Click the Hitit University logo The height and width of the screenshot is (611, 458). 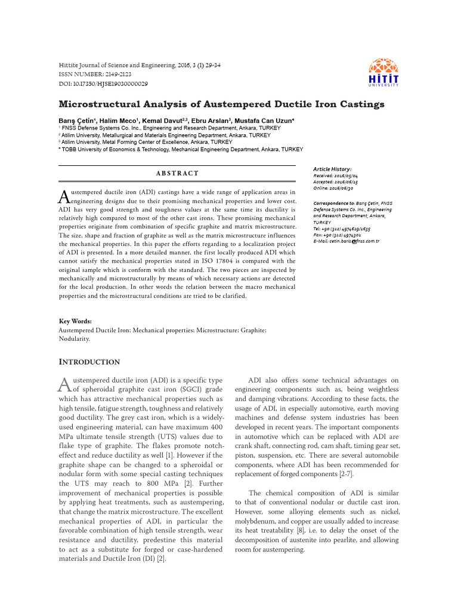click(384, 73)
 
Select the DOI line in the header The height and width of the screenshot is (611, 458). click(103, 84)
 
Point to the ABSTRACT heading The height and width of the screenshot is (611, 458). click(177, 173)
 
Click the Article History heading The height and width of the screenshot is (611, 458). click(332, 169)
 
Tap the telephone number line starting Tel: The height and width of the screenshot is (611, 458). click(342, 229)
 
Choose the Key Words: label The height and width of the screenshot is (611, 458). click(75, 321)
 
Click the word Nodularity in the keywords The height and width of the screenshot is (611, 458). click(75, 338)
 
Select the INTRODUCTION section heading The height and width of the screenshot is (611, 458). click(89, 362)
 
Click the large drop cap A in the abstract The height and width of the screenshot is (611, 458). click(64, 196)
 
